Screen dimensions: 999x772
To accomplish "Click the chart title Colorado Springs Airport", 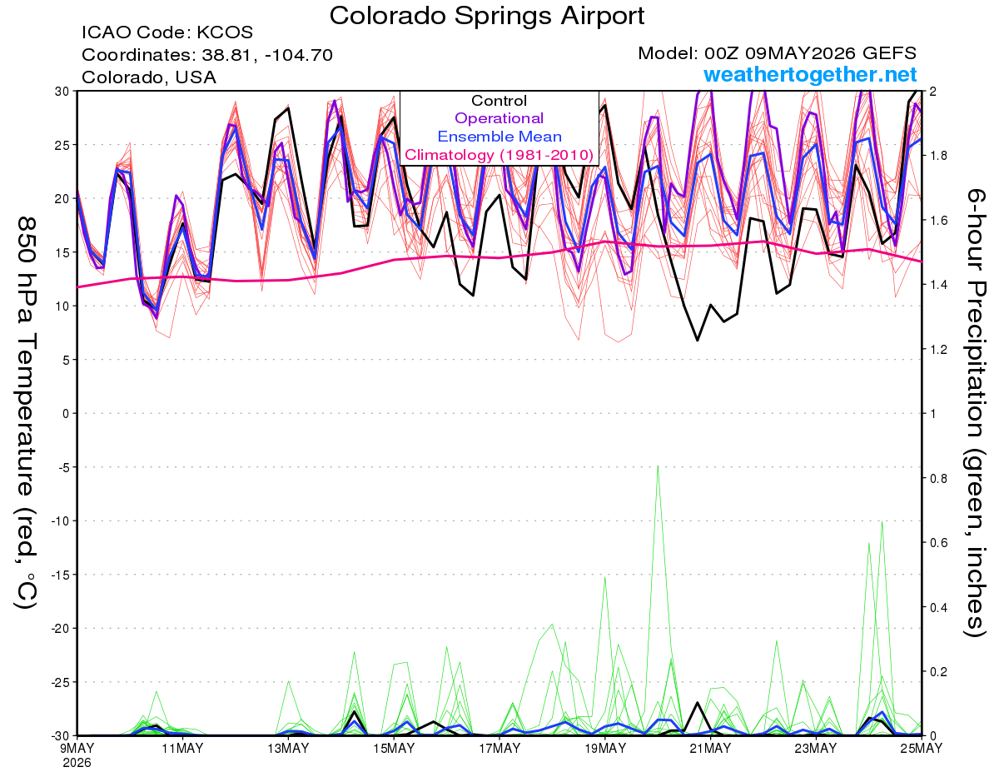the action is coord(487,16).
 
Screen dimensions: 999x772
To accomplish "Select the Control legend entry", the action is coord(499,101).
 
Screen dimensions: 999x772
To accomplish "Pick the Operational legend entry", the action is coord(499,118).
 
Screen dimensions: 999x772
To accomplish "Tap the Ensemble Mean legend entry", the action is coord(499,137).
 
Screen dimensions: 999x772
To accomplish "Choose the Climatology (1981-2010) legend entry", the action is coord(499,155).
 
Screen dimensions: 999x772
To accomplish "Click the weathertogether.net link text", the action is coord(810,74).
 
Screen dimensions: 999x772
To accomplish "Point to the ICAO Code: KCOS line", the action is coord(167,32).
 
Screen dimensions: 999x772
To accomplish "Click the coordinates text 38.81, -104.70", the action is coord(267,55).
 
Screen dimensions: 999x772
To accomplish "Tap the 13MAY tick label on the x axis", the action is coord(288,749).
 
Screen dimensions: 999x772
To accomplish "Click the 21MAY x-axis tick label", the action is coord(710,749).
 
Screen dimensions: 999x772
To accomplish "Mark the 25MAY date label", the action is coord(922,749).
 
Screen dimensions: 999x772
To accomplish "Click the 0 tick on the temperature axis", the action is coord(66,413).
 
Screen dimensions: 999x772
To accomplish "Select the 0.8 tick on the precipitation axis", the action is coord(937,478).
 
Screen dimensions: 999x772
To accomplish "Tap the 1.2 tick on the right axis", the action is coord(937,349).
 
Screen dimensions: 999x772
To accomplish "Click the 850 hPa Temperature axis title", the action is coord(26,413).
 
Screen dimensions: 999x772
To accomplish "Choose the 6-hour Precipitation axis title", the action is coord(975,412).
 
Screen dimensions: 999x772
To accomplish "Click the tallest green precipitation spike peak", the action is coord(658,466).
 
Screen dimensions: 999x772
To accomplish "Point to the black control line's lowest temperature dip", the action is coord(698,341).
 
